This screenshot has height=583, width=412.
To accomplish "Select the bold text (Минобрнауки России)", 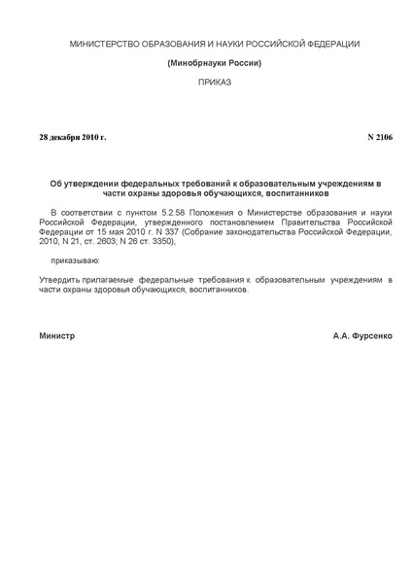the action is [214, 63].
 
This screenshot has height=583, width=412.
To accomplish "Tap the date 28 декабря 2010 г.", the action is [73, 137].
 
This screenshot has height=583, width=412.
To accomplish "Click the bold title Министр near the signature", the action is [57, 335].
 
